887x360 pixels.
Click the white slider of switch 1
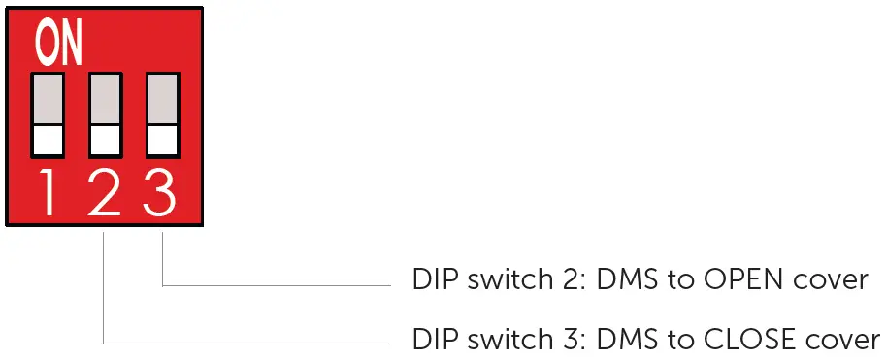click(x=48, y=140)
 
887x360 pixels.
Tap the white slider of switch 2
click(x=105, y=140)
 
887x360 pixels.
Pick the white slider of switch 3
click(x=162, y=140)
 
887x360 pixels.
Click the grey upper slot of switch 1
click(x=48, y=98)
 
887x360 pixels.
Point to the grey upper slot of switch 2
click(x=105, y=98)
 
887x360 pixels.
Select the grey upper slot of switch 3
click(x=162, y=98)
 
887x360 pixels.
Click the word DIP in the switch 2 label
click(x=431, y=280)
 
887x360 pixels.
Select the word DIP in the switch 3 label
click(x=431, y=341)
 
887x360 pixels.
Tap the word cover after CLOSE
click(x=846, y=341)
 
